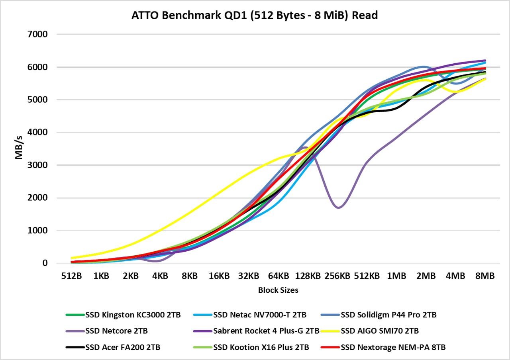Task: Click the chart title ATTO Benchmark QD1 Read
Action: pos(255,16)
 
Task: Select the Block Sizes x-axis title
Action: pos(278,290)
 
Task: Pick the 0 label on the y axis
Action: pos(45,263)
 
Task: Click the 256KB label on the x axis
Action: pos(337,276)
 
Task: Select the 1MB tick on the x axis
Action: pos(397,276)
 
